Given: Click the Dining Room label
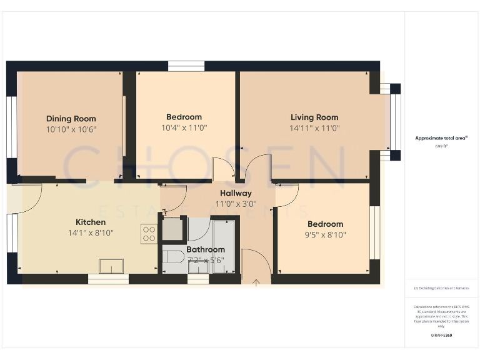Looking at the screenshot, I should [71, 118].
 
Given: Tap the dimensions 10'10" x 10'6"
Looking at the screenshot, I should [71, 129].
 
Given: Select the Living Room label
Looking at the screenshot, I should [314, 117].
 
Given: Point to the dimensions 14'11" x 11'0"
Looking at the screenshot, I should [314, 127].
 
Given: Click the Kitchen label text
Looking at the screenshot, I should [91, 222].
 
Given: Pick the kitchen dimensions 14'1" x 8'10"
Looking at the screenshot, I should [91, 232].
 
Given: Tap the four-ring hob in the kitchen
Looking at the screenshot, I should [149, 234].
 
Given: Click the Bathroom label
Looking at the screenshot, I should [206, 249].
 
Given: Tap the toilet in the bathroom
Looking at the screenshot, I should [172, 256].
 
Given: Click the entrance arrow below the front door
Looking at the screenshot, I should [256, 283].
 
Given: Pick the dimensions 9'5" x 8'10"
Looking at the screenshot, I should [325, 235].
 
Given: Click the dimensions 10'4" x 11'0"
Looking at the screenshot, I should [184, 127].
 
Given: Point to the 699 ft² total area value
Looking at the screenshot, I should [441, 145].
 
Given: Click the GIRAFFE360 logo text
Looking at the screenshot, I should [441, 336].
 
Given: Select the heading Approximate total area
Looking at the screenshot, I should [441, 138].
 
